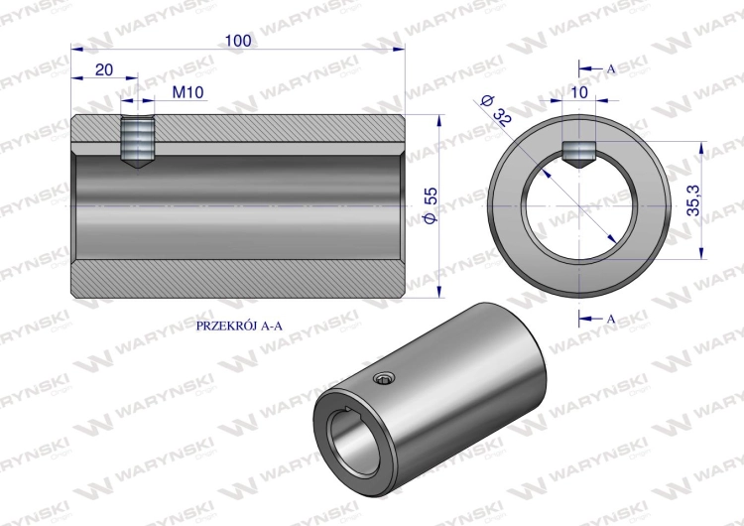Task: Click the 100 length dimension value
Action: (238, 41)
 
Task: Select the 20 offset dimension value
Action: (104, 69)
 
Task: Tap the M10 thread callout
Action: (187, 92)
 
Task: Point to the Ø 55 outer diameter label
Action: (430, 205)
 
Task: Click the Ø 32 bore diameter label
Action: (496, 109)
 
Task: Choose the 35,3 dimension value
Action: (693, 200)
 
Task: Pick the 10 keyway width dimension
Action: (579, 92)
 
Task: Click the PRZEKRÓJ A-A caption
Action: (239, 326)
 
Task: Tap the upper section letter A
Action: (611, 68)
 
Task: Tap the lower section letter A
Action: (611, 319)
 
